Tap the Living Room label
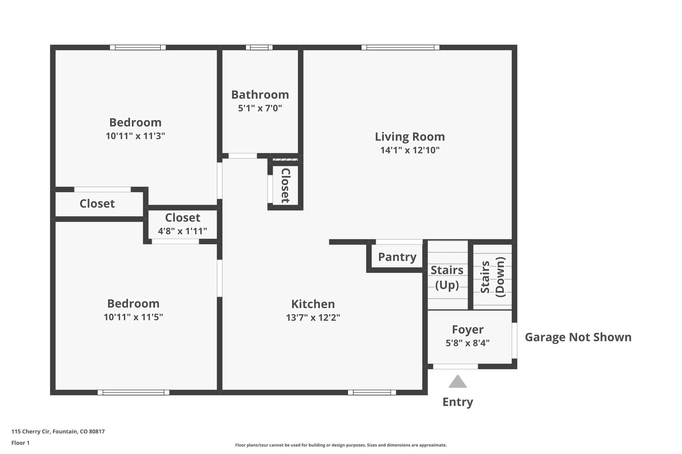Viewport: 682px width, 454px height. [410, 137]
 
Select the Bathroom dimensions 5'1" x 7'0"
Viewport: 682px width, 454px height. [260, 108]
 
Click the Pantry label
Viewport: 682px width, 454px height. [397, 257]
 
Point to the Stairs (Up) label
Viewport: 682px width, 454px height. [447, 277]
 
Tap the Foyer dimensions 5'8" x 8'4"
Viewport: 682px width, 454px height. [468, 343]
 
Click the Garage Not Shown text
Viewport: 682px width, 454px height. [578, 337]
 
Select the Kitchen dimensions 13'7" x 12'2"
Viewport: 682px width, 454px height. [313, 318]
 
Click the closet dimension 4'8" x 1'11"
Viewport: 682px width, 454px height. [182, 231]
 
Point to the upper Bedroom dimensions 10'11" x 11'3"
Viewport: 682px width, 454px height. [135, 136]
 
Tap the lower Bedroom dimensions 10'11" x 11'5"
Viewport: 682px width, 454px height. [133, 317]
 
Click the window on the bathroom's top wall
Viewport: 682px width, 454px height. [259, 48]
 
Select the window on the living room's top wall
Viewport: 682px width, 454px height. [400, 48]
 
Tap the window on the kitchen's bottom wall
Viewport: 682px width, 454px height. [372, 392]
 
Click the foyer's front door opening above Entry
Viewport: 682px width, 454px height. [455, 367]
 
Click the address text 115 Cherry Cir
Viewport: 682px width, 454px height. [58, 432]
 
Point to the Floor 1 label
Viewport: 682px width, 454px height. [20, 443]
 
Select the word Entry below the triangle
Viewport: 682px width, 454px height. [458, 402]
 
